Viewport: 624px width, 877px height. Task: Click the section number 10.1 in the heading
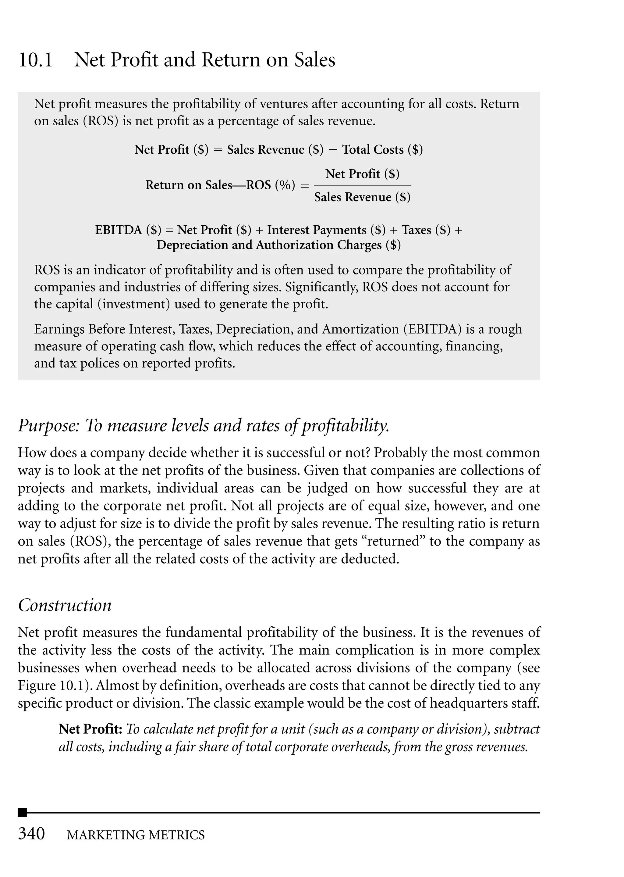point(35,60)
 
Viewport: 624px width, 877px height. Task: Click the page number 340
point(31,834)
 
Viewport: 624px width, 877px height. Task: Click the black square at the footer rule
point(23,812)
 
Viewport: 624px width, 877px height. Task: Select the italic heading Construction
point(65,605)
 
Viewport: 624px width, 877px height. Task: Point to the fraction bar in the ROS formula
point(362,185)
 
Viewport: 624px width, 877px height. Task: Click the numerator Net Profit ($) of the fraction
point(362,174)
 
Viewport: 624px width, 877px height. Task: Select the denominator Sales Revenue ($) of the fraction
point(362,197)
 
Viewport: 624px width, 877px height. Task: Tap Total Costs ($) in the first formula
point(382,149)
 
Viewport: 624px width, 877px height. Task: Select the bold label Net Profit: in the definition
point(90,729)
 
